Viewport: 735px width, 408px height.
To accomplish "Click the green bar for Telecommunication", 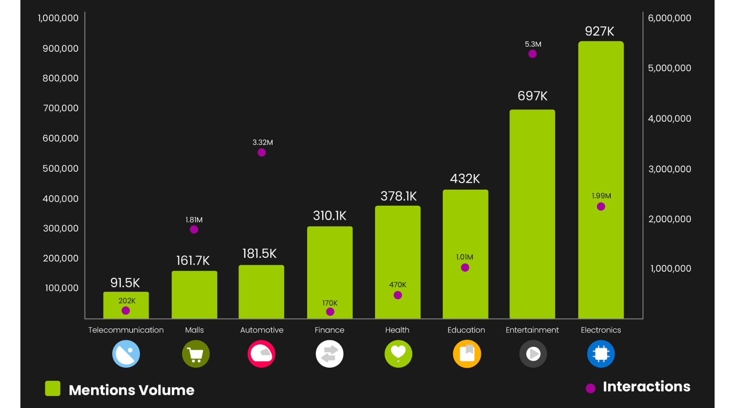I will [126, 305].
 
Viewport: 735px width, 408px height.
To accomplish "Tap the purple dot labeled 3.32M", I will [262, 153].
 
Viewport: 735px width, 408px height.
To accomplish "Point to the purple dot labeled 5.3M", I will [532, 54].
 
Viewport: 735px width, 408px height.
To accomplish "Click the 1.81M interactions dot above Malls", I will [194, 229].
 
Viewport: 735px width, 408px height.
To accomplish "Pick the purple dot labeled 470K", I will [398, 295].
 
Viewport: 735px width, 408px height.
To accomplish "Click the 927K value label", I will [599, 31].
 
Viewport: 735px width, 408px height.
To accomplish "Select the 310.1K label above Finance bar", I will [330, 215].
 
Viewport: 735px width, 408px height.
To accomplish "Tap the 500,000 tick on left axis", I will [60, 169].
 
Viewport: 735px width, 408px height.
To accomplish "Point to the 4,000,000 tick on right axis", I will [669, 119].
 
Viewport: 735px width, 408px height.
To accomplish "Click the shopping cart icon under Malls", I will [196, 354].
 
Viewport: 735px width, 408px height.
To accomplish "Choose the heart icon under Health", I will [398, 353].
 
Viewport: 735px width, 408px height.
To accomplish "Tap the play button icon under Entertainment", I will [533, 354].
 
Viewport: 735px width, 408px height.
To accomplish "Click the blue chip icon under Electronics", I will [601, 354].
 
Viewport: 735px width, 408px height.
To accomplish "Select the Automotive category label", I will [262, 330].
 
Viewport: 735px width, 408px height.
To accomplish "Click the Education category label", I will [466, 330].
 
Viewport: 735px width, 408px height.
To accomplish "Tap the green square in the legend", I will [53, 388].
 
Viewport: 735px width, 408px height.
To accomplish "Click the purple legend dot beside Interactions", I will [590, 388].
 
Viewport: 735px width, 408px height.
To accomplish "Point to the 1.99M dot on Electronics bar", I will [601, 206].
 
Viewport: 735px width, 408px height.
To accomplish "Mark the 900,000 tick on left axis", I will [60, 49].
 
